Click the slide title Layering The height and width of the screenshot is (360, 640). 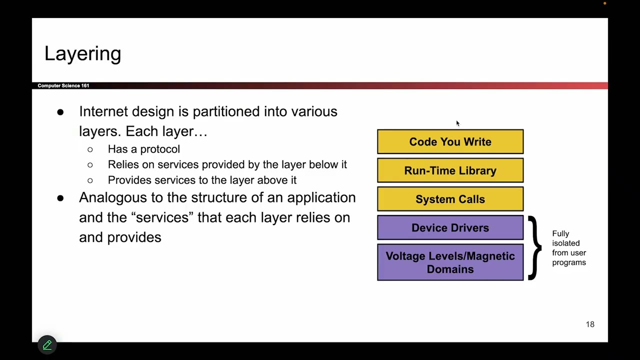click(82, 54)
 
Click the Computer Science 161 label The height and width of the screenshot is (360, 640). click(63, 85)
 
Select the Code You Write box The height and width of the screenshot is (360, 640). click(450, 142)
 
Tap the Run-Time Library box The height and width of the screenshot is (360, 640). click(450, 170)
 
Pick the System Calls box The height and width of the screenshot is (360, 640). click(450, 199)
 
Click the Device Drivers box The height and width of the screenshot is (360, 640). click(450, 228)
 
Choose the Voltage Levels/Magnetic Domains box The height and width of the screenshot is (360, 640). click(450, 262)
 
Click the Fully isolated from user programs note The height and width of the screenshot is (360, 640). click(568, 248)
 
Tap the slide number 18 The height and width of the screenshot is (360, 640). click(590, 324)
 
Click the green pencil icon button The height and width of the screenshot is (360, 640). click(47, 344)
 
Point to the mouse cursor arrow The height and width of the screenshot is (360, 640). click(457, 123)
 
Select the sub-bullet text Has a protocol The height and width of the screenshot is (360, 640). click(143, 149)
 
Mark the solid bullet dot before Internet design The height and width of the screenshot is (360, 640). click(60, 112)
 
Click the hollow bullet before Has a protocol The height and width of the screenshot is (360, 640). click(90, 149)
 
